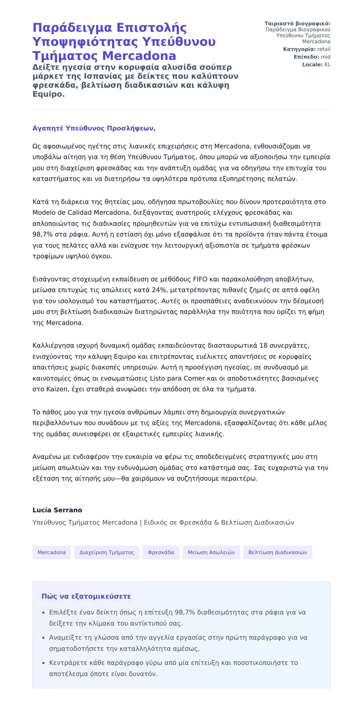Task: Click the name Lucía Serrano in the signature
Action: (57, 510)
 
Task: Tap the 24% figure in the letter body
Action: (159, 290)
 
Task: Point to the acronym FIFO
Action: (200, 279)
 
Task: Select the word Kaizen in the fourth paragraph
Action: (57, 389)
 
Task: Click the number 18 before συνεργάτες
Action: (263, 346)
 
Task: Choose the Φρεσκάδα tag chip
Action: (161, 552)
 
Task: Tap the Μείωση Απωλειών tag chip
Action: (211, 552)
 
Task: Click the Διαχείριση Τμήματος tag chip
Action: (106, 552)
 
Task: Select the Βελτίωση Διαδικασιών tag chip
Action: (277, 552)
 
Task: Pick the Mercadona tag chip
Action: (51, 552)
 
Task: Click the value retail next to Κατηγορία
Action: (324, 49)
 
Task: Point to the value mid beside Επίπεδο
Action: (325, 57)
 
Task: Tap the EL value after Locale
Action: (327, 65)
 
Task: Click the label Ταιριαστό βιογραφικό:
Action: (297, 24)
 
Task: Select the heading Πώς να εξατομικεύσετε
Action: (86, 596)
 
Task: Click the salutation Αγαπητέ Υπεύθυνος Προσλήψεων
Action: (94, 128)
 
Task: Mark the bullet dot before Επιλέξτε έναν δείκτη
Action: (43, 613)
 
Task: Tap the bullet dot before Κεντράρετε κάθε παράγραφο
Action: (43, 663)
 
